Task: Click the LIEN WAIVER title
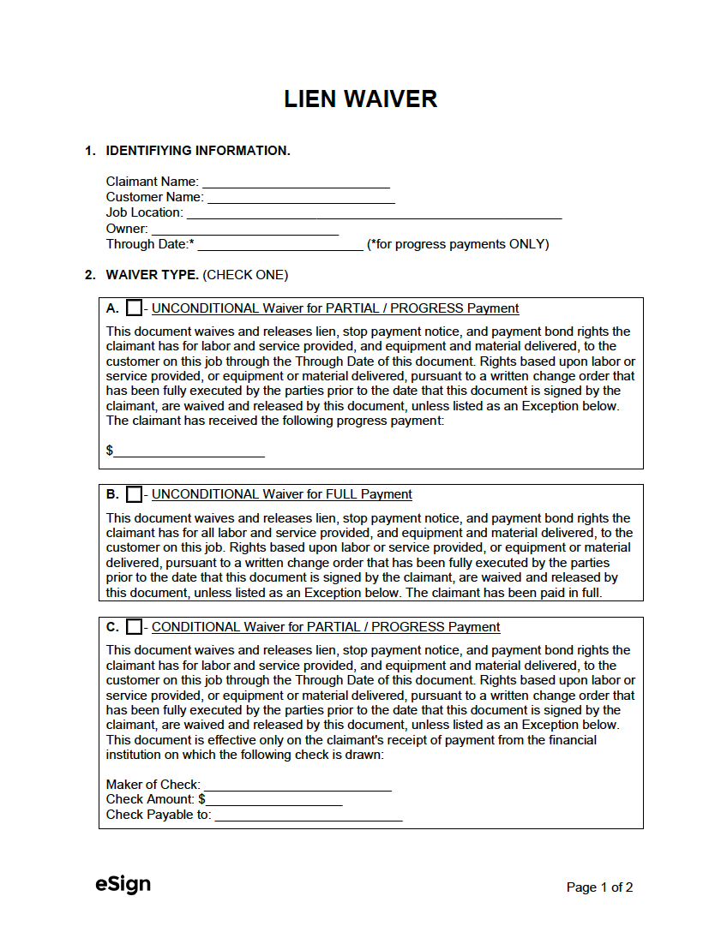pyautogui.click(x=360, y=99)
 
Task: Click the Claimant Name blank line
pyautogui.click(x=296, y=182)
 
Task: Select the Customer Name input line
pyautogui.click(x=301, y=197)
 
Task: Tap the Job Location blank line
pyautogui.click(x=374, y=212)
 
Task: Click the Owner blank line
pyautogui.click(x=244, y=229)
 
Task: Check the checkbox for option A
pyautogui.click(x=134, y=308)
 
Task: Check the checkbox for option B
pyautogui.click(x=134, y=494)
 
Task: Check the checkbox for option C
pyautogui.click(x=134, y=627)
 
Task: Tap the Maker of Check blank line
pyautogui.click(x=297, y=785)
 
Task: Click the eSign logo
pyautogui.click(x=123, y=885)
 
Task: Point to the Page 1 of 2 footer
pyautogui.click(x=599, y=887)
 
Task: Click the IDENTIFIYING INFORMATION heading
pyautogui.click(x=198, y=151)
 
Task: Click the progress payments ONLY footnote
pyautogui.click(x=458, y=244)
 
